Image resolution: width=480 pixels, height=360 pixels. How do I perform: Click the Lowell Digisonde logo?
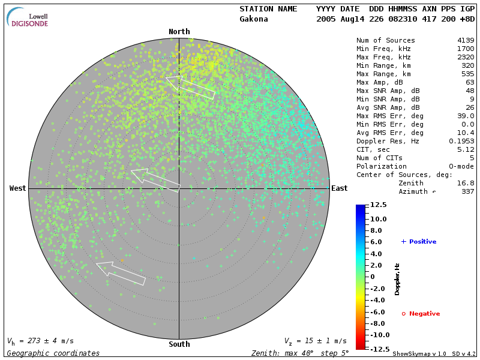pos(28,17)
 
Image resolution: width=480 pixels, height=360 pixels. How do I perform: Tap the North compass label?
pos(179,32)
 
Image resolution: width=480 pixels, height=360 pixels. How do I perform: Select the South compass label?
pos(179,344)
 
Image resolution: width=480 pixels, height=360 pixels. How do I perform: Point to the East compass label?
pos(340,188)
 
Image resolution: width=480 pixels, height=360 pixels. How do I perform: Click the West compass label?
pos(18,188)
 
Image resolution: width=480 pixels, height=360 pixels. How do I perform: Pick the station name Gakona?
pos(254,19)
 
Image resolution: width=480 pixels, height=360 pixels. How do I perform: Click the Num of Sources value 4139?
pos(466,40)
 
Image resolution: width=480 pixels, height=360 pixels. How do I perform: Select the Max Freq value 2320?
pos(466,57)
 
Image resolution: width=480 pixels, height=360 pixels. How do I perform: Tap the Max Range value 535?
pos(468,74)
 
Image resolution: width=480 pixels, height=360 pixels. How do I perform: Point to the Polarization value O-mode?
pos(461,166)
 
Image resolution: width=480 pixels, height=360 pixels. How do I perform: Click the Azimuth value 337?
pos(468,191)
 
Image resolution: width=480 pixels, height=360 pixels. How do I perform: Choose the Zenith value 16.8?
pos(466,183)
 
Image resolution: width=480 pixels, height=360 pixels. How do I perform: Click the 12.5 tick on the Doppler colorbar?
pos(377,205)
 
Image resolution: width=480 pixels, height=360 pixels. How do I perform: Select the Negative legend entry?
pos(421,314)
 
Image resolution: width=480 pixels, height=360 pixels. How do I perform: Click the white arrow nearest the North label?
pos(190,87)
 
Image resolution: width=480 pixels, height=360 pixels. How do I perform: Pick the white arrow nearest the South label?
pos(121,272)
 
